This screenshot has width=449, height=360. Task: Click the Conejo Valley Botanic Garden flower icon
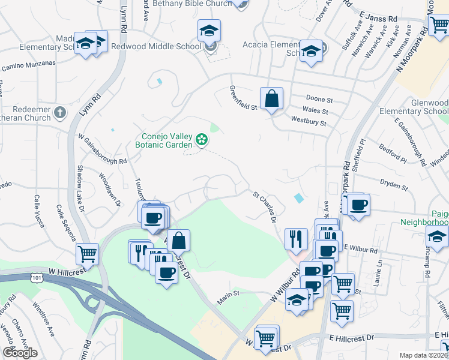[202, 141]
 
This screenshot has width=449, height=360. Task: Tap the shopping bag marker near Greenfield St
[271, 98]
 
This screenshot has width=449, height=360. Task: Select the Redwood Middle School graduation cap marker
[209, 31]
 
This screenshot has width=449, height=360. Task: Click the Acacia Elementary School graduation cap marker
[311, 51]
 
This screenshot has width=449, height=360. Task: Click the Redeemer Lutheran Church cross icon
[59, 112]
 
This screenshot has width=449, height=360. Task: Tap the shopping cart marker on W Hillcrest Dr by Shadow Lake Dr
[88, 254]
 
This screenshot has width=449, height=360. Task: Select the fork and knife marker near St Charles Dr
[295, 239]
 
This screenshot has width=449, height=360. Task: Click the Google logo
[20, 353]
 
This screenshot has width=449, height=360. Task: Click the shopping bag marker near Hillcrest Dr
[179, 241]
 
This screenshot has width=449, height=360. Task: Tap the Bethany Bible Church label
[188, 4]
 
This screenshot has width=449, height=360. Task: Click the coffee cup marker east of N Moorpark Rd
[359, 205]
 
